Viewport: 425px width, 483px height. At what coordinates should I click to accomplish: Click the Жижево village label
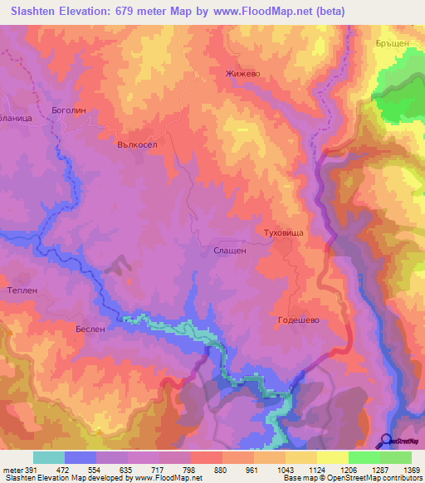click(243, 73)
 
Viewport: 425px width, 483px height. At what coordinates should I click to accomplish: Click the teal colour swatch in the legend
click(49, 457)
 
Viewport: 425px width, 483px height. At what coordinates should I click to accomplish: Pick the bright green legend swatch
click(364, 457)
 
